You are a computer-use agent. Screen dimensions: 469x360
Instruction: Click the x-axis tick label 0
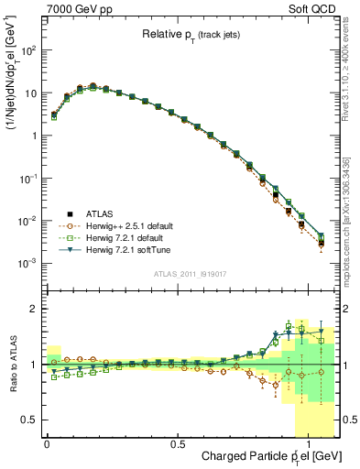coord(47,443)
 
